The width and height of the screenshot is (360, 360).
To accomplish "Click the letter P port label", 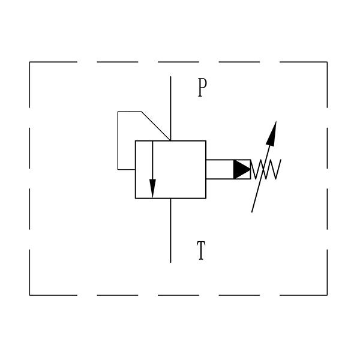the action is tap(202, 88).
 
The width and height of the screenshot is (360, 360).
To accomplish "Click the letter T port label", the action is tap(201, 250).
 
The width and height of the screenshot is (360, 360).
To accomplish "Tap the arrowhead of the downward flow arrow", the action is tap(152, 188).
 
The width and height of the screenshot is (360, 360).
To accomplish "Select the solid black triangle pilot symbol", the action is tap(242, 169).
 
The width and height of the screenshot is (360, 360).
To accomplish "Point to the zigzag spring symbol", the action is tap(266, 169).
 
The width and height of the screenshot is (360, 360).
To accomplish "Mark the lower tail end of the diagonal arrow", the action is tap(252, 212).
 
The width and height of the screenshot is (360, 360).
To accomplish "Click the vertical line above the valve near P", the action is tap(170, 109).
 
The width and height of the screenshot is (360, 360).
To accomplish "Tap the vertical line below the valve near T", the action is tap(170, 230).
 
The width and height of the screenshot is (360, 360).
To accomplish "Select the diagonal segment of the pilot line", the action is tap(156, 126).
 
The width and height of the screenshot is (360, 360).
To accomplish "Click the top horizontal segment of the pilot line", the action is tap(130, 112).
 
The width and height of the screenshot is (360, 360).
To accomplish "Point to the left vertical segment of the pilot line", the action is tap(118, 140).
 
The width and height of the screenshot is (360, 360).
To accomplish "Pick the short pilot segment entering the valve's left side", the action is tap(127, 170).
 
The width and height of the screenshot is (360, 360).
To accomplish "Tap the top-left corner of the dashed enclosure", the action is tap(29, 62).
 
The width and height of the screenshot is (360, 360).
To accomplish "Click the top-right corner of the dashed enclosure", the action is tap(327, 62).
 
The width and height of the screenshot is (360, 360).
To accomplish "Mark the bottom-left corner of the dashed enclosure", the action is tap(29, 295).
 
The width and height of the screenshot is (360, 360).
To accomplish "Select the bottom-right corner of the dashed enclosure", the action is tap(327, 295).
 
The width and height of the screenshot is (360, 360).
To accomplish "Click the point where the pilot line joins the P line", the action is tap(170, 140).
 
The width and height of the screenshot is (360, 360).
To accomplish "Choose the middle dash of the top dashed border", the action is tap(178, 62).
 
